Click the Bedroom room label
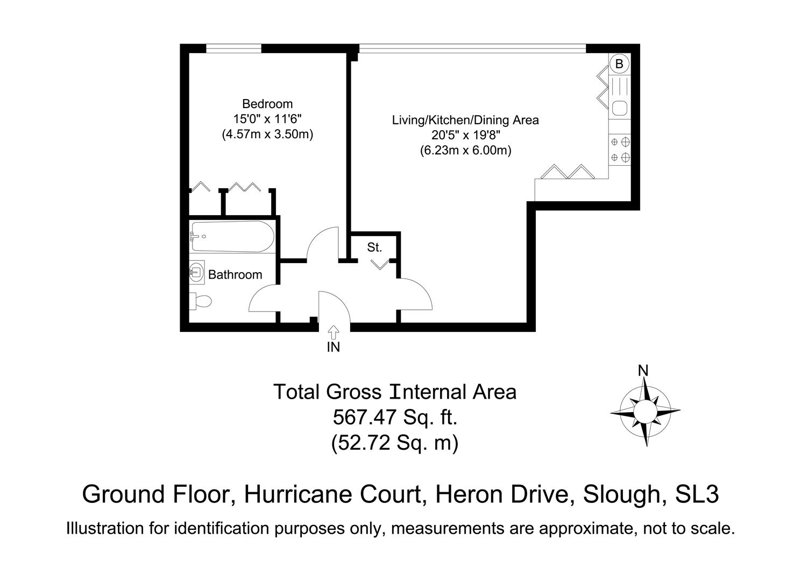point(267,104)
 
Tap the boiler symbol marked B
point(619,64)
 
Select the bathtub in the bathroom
point(233,237)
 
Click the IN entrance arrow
point(334,332)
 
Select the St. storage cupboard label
point(374,247)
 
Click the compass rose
point(644,412)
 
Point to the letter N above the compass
point(643,370)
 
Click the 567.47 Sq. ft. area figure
point(395,417)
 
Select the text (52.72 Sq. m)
point(395,443)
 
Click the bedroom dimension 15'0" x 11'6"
point(267,119)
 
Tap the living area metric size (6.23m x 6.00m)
point(465,151)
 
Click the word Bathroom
point(235,275)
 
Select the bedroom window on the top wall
point(233,48)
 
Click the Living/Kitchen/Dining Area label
point(465,120)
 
